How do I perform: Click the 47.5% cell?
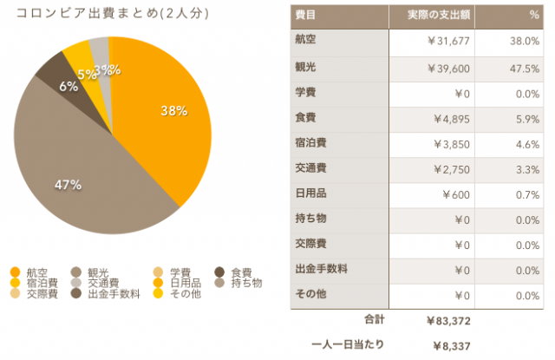[526, 69]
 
